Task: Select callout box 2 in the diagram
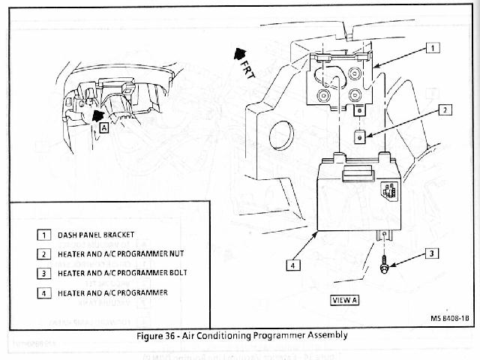coord(445,109)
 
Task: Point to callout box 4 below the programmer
coord(293,264)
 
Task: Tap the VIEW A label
coord(345,300)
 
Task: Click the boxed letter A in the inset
coord(103,127)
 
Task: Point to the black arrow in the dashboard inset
coord(97,115)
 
